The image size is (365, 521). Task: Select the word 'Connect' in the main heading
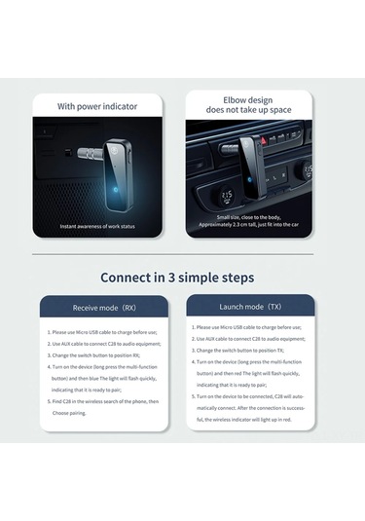pyautogui.click(x=131, y=276)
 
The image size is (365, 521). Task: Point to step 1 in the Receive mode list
pyautogui.click(x=101, y=332)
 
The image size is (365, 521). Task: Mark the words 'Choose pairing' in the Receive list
pyautogui.click(x=69, y=413)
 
